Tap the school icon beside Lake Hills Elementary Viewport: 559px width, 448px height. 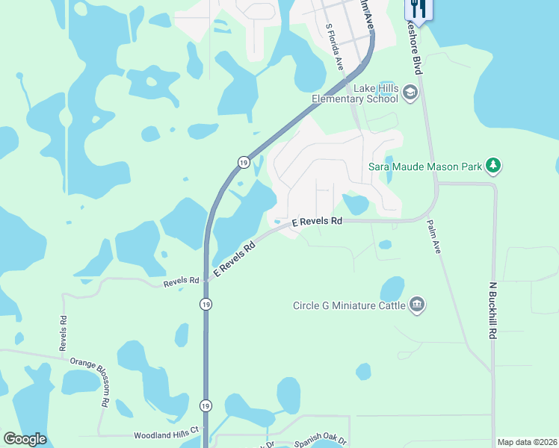(x=409, y=93)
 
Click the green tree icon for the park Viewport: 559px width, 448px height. (x=492, y=165)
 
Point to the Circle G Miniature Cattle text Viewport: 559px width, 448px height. (x=349, y=305)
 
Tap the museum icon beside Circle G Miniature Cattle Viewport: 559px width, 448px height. (x=417, y=304)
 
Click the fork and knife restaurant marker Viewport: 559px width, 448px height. (x=418, y=9)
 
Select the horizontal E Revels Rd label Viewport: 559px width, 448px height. (x=317, y=222)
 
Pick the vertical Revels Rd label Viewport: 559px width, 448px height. (x=64, y=332)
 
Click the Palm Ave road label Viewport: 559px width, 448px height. (x=433, y=237)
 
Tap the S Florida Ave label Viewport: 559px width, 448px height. (x=334, y=46)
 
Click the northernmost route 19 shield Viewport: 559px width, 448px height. (x=244, y=161)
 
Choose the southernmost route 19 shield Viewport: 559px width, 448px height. (x=206, y=405)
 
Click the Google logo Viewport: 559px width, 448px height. (x=25, y=439)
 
